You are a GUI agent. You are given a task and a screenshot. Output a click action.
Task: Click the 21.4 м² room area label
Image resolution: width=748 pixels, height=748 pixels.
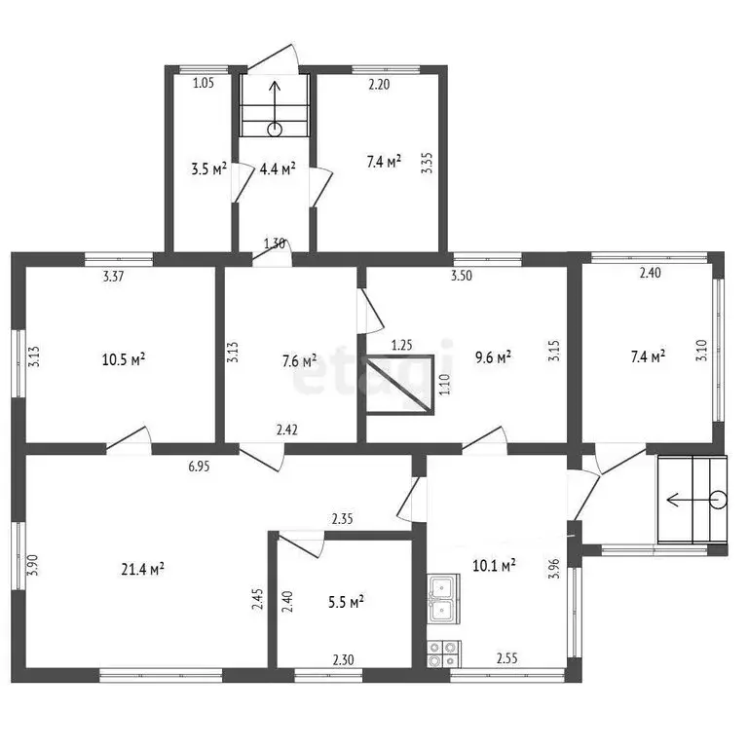[142, 569]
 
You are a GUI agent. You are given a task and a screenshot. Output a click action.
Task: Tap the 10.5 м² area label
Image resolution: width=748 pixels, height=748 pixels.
[124, 359]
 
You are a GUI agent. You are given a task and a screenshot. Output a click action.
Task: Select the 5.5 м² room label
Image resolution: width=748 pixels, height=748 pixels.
[346, 602]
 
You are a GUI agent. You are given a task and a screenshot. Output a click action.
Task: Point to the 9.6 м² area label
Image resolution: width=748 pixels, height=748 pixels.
[493, 357]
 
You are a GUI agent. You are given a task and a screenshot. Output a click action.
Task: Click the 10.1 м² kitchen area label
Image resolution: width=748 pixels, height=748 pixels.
[494, 566]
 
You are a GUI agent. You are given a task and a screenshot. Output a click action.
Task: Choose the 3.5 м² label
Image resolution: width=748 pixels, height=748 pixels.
[209, 168]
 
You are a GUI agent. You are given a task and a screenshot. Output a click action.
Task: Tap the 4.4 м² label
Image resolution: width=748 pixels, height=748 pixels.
[278, 168]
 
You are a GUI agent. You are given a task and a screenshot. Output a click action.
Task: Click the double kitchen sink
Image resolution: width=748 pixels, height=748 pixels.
[444, 598]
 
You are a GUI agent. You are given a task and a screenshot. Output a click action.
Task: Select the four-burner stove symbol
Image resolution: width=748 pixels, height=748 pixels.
[444, 654]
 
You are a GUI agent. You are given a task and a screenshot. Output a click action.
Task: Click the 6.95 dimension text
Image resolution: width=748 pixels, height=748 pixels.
[199, 467]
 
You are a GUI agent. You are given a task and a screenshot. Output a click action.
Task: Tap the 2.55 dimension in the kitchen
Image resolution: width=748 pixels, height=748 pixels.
[507, 658]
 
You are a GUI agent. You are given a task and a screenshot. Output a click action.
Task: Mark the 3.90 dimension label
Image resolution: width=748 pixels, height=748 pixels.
[32, 565]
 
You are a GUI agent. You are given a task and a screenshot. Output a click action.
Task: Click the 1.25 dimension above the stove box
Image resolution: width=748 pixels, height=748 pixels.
[401, 345]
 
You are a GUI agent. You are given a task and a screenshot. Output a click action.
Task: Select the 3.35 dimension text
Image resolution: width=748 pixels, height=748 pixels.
[428, 163]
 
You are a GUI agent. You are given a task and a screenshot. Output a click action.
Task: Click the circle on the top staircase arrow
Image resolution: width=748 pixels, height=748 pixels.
[275, 130]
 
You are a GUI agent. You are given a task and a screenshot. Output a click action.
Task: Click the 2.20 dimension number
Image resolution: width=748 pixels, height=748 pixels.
[379, 85]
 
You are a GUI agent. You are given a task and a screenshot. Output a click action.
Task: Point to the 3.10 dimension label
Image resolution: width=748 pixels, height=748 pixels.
[702, 351]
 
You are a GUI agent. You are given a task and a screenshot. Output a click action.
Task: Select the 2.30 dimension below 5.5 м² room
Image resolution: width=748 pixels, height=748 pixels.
[344, 659]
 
